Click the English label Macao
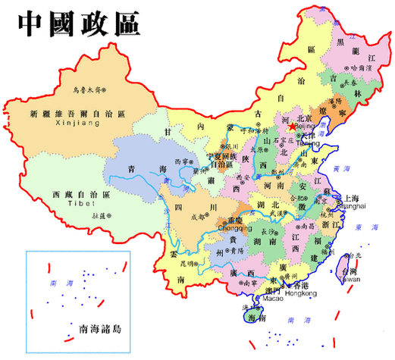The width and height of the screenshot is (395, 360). (x=274, y=298)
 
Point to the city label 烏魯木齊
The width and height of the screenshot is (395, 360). (x=87, y=89)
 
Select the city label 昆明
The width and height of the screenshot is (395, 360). (x=187, y=264)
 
